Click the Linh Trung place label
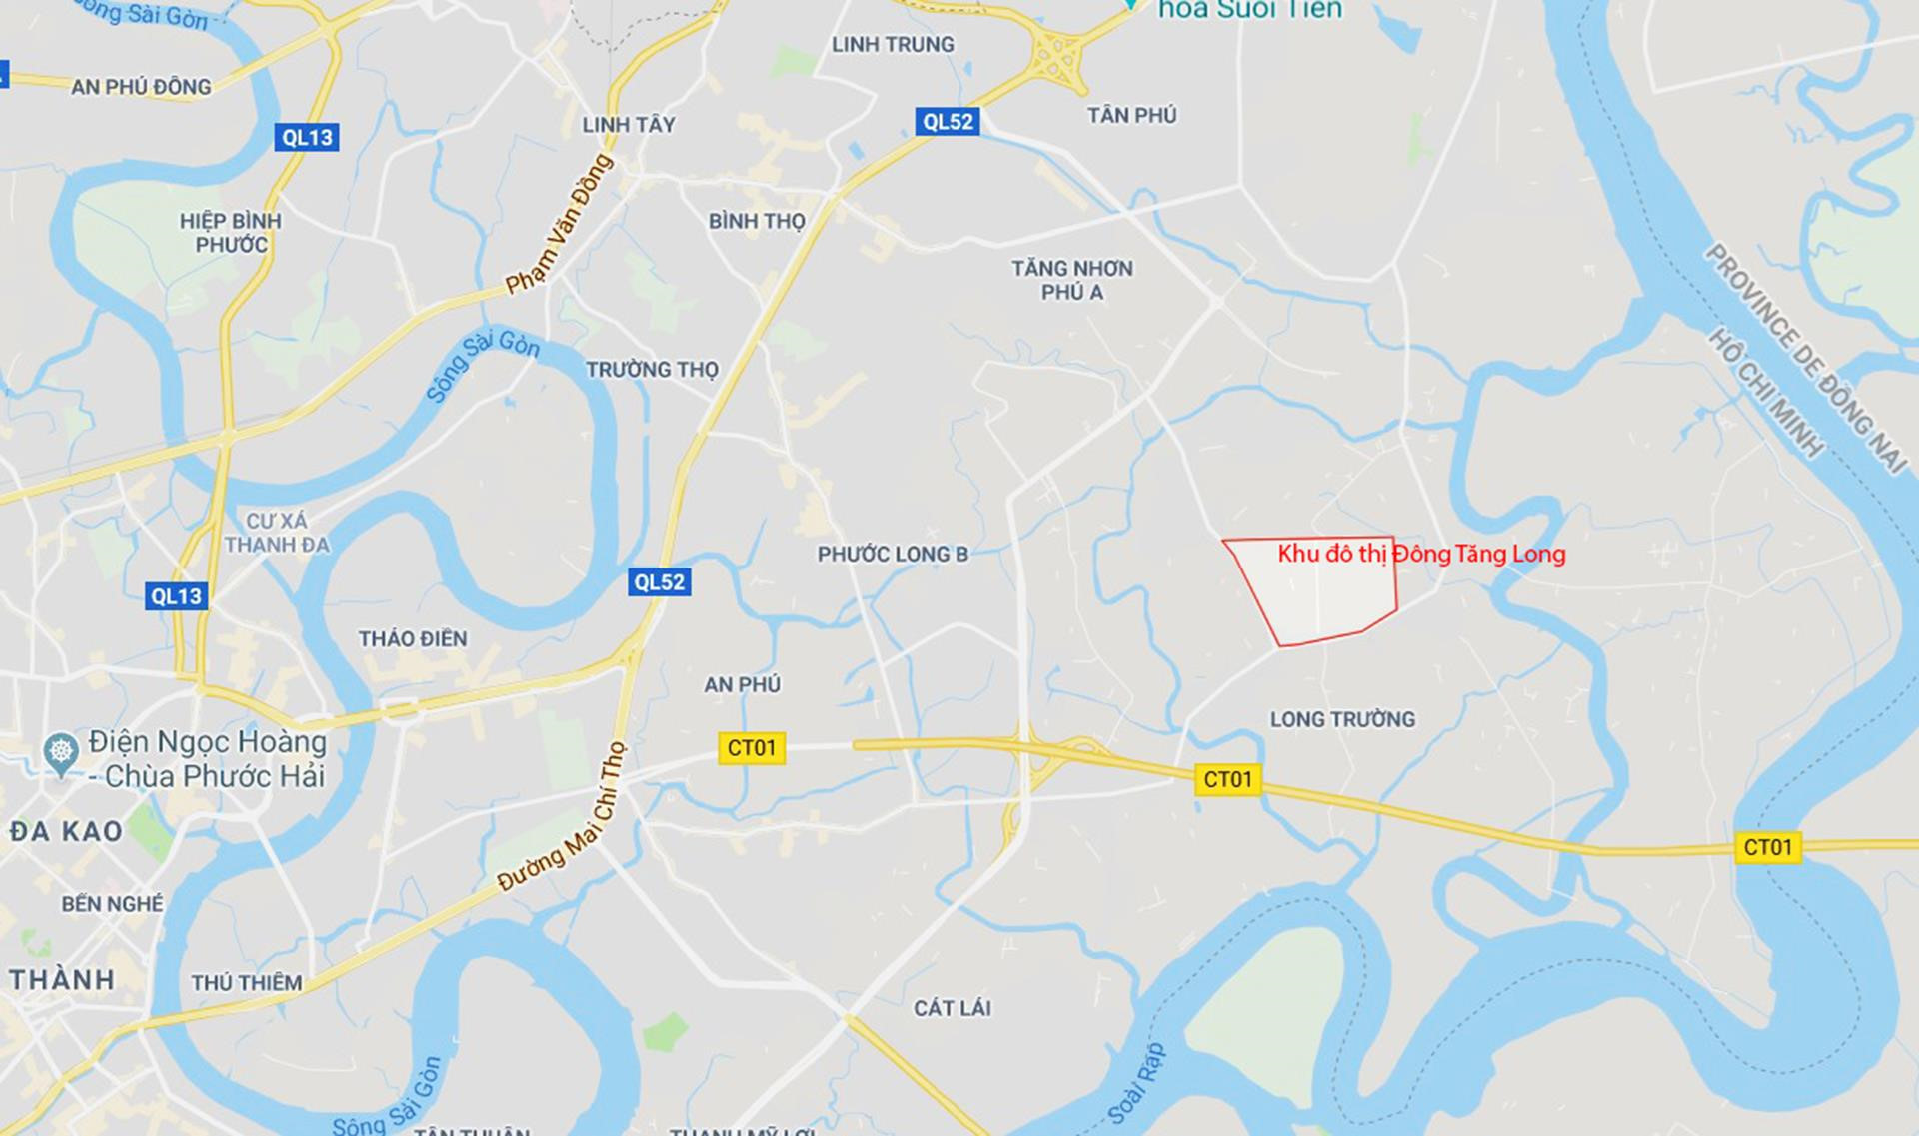click(893, 44)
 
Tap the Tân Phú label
click(1131, 115)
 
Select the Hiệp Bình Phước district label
click(231, 233)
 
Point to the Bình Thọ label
click(757, 221)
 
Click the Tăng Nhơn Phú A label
click(1071, 280)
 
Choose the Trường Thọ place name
click(652, 369)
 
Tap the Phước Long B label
click(893, 554)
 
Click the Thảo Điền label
click(413, 638)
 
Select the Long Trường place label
click(1342, 719)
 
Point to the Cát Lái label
click(952, 1007)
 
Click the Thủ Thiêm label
click(246, 982)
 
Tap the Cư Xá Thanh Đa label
click(277, 533)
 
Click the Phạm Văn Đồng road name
click(559, 224)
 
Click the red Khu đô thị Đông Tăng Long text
click(1421, 554)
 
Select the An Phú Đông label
click(141, 87)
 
